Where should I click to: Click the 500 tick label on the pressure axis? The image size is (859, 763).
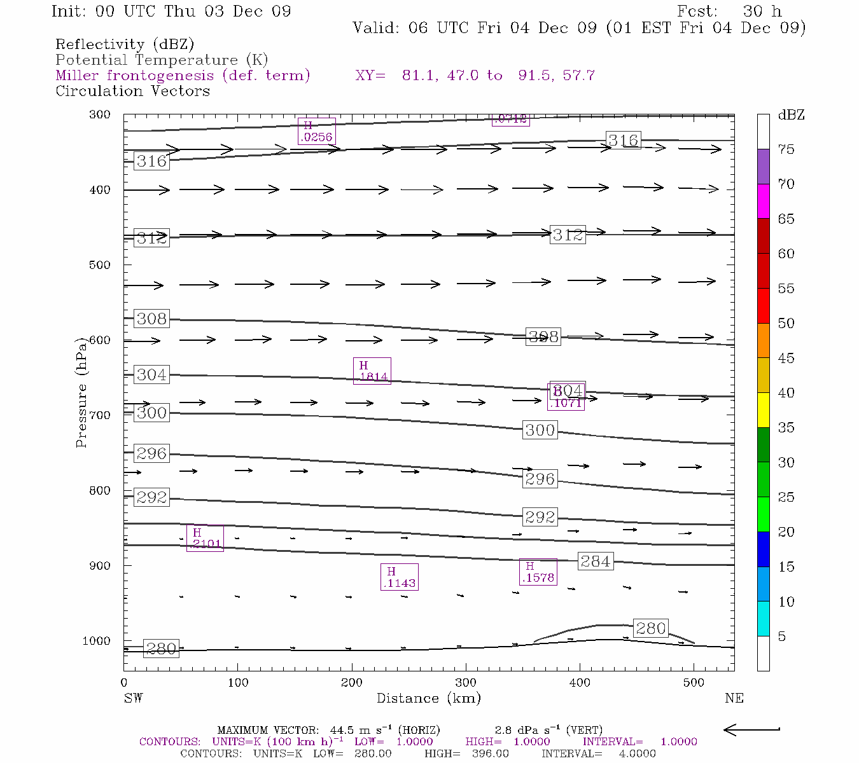click(100, 265)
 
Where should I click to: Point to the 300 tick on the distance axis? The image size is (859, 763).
click(466, 682)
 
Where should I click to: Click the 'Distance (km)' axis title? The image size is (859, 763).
click(429, 698)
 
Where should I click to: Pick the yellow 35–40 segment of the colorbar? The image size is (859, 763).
click(763, 410)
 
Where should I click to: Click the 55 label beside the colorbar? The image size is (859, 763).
click(786, 289)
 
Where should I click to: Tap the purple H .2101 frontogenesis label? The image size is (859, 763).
click(205, 539)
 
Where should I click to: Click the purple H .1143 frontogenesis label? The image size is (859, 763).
click(399, 577)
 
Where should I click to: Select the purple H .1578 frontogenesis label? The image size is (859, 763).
click(538, 572)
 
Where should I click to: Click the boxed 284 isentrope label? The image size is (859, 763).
click(596, 561)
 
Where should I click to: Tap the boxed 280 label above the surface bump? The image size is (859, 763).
click(651, 628)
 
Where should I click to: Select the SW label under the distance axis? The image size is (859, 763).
click(133, 698)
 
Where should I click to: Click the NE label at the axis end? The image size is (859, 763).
click(734, 698)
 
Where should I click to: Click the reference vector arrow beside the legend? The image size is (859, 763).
click(751, 730)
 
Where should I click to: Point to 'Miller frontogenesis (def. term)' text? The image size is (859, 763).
click(183, 76)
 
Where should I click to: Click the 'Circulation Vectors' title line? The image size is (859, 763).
click(132, 91)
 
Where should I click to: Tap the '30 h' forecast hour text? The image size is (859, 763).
click(762, 11)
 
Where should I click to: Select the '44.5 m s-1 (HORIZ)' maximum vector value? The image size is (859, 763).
click(385, 730)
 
